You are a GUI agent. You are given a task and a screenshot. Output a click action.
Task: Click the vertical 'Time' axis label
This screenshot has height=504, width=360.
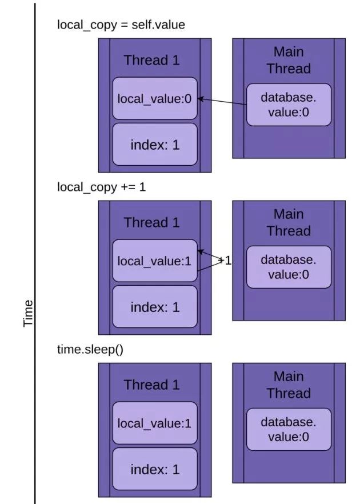(x=29, y=313)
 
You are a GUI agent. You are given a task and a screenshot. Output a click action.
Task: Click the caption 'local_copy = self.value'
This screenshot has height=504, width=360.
(x=121, y=25)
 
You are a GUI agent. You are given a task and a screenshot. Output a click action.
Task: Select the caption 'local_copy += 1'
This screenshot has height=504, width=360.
(x=101, y=187)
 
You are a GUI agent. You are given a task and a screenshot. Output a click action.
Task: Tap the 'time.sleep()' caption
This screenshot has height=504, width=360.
(x=90, y=349)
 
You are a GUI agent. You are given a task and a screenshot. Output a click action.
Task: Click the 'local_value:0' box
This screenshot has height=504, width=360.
(x=155, y=98)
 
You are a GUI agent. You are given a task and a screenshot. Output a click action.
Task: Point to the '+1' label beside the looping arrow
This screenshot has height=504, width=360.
(x=225, y=261)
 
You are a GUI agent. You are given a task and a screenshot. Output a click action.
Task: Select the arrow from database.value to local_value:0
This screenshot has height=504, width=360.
(x=222, y=101)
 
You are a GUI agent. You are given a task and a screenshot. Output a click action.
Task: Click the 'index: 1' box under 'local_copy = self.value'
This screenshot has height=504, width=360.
(x=155, y=145)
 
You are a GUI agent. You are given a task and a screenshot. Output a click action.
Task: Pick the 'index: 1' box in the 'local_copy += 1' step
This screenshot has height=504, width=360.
(x=155, y=307)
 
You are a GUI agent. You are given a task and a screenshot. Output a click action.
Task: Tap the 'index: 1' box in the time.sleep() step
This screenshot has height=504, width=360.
(x=155, y=469)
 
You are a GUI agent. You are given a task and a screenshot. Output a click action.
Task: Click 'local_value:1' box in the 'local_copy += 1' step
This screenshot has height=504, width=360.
(x=155, y=261)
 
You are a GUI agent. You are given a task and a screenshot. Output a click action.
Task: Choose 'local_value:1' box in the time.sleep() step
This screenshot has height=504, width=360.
(x=155, y=423)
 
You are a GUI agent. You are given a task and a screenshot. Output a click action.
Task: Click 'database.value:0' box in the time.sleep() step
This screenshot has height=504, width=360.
(x=289, y=429)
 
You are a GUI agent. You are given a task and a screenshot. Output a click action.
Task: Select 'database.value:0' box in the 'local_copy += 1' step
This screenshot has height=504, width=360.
(x=289, y=267)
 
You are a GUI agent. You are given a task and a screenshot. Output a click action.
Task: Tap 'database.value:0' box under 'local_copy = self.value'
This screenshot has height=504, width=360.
(x=289, y=105)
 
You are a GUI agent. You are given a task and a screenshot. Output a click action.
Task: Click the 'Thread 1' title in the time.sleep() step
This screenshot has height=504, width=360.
(x=152, y=385)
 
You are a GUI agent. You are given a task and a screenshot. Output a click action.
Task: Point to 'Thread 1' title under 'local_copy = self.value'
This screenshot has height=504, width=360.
(x=152, y=60)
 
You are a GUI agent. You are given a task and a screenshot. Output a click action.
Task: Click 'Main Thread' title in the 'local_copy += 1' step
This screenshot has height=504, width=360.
(x=289, y=222)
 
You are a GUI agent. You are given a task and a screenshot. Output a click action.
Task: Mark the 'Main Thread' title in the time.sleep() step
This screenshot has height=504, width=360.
(x=289, y=385)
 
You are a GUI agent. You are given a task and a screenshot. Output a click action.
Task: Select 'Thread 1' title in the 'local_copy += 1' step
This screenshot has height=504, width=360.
(x=152, y=222)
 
